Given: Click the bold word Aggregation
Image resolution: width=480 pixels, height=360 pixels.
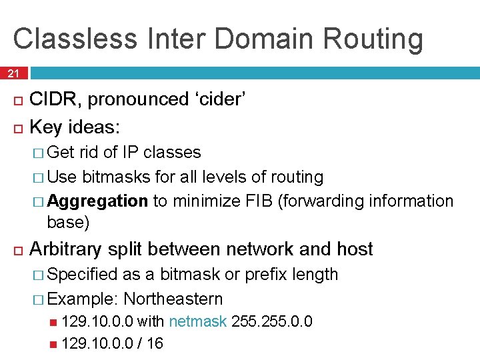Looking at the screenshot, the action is point(97,201).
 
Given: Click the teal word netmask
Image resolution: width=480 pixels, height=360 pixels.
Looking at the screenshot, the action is point(198,322).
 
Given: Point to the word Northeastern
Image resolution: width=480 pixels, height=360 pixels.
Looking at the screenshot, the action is point(173,299).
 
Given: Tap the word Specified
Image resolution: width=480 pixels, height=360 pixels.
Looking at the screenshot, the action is point(85,275).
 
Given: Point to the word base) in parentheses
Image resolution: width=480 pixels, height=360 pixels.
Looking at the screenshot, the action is point(68,221).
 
